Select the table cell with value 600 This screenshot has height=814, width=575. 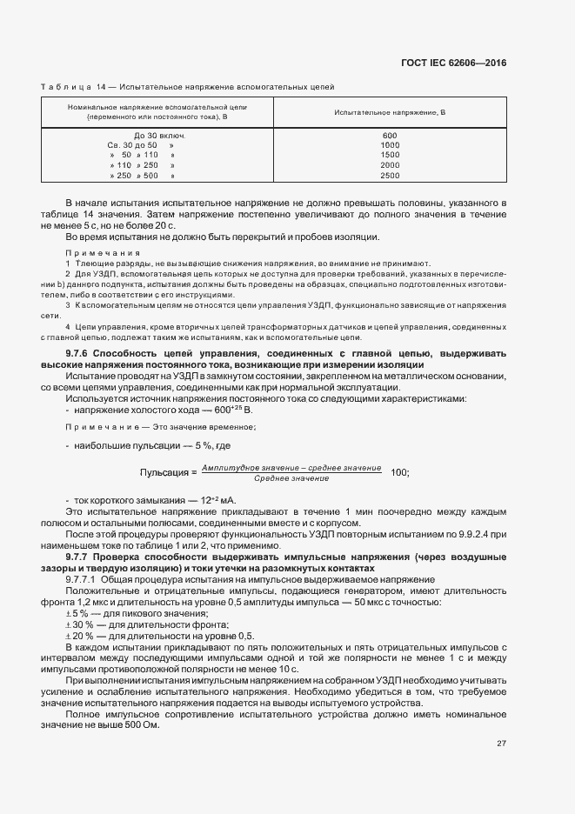click(x=389, y=136)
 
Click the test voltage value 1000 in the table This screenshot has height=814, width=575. click(x=389, y=145)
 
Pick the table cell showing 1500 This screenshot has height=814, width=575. click(x=389, y=155)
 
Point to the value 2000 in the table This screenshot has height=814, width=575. click(x=389, y=164)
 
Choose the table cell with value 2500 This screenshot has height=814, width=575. click(x=389, y=175)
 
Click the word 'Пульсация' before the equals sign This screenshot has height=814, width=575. click(x=164, y=472)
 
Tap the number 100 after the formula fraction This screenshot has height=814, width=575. click(x=400, y=472)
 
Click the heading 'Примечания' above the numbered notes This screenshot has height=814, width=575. click(x=90, y=251)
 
